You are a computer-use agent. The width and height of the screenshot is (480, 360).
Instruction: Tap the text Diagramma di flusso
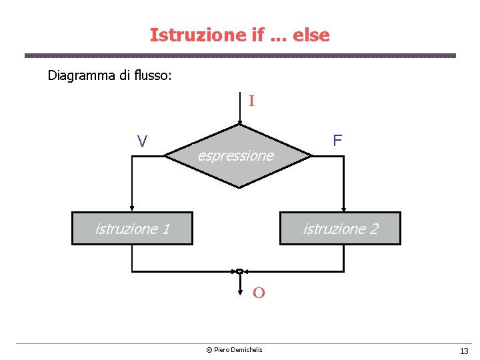109,75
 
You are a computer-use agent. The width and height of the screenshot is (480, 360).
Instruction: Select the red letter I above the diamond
251,101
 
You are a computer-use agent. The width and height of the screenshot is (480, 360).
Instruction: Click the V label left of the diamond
142,141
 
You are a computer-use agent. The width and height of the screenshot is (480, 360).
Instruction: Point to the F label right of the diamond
337,140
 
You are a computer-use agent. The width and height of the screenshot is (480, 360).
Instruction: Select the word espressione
235,156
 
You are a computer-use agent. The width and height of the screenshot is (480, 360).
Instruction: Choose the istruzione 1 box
132,229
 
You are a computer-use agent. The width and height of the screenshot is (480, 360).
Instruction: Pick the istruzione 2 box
341,229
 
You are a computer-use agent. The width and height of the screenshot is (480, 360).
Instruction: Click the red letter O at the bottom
259,293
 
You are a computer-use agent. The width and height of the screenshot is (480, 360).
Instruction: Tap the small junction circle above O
239,271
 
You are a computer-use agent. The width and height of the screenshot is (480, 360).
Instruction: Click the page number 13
464,351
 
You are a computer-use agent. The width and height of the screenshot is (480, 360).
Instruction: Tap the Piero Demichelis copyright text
234,350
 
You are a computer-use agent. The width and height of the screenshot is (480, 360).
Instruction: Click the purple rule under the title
240,55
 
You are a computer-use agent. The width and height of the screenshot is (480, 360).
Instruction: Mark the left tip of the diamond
165,157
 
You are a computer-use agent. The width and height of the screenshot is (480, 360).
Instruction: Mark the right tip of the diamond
312,157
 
